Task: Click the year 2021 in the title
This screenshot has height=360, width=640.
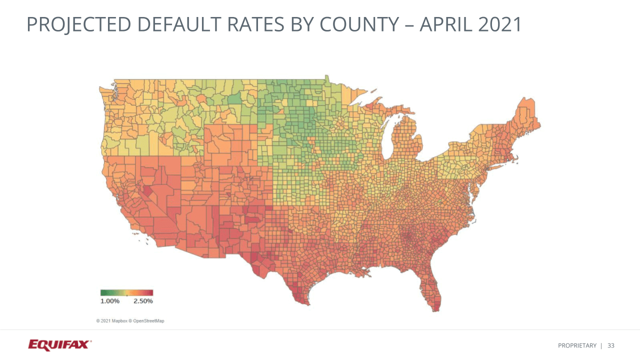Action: tap(500, 24)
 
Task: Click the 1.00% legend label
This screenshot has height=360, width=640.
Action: tap(110, 301)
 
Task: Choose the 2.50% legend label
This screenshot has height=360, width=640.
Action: tap(143, 301)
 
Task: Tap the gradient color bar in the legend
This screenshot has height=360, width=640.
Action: tap(126, 292)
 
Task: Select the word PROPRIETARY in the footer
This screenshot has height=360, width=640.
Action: tap(577, 345)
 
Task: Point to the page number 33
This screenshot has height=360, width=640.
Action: tap(611, 345)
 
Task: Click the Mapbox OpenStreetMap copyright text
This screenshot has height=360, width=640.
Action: tap(130, 320)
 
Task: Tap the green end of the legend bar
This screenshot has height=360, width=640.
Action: tap(103, 292)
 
